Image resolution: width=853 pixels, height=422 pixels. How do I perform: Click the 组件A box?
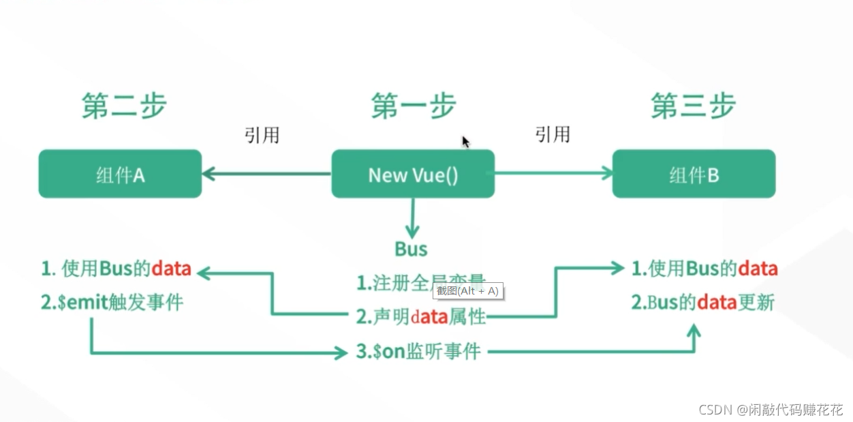pos(120,175)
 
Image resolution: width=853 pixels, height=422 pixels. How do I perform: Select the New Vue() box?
pos(413,175)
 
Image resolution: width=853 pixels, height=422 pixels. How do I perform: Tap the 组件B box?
pos(694,175)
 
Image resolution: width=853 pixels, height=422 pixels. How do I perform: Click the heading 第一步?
pos(414,106)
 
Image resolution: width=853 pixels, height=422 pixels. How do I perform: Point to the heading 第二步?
pos(124,106)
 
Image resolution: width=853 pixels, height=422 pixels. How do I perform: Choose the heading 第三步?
pos(693,106)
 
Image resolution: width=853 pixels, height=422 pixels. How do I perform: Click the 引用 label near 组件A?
pos(262,134)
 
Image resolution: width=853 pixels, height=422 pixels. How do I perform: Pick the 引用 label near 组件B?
pos(552,134)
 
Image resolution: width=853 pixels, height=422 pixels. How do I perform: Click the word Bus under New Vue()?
pos(411,249)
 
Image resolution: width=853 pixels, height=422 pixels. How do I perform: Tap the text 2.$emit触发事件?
pos(112,302)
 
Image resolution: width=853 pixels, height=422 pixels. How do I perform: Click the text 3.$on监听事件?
pos(419,352)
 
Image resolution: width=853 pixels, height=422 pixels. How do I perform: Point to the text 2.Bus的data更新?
pos(703,302)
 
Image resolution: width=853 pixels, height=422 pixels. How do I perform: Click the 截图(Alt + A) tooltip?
pos(468,291)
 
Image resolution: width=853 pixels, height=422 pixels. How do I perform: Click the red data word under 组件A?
pos(171,269)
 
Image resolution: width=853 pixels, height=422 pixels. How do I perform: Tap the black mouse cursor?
pos(465,141)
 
